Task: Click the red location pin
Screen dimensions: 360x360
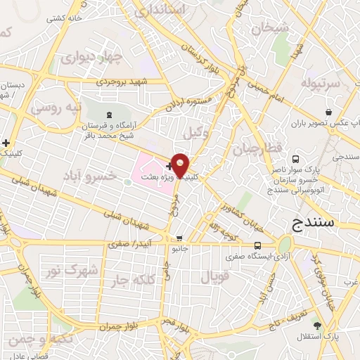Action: click(x=181, y=165)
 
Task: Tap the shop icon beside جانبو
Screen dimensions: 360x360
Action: click(x=180, y=238)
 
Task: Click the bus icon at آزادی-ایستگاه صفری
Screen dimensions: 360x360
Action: click(x=258, y=246)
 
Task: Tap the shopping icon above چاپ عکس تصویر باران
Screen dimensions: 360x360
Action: click(x=329, y=112)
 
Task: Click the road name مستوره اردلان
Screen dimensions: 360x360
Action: click(x=189, y=103)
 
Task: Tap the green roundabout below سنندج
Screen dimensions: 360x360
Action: click(x=285, y=245)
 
